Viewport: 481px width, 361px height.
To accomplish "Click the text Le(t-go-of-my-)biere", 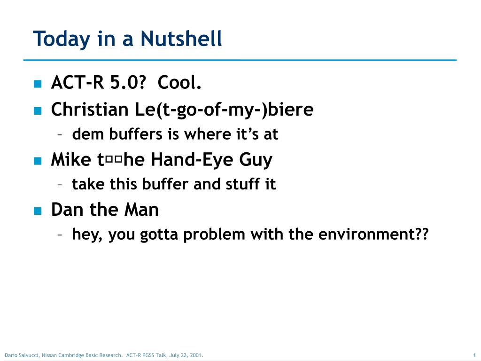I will pos(224,110).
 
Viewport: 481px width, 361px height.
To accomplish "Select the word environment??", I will pos(373,234).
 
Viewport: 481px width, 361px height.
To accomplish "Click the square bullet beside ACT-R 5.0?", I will pos(38,84).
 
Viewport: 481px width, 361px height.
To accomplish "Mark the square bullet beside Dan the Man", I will pos(38,211).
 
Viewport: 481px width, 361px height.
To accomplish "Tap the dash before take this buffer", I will pos(61,185).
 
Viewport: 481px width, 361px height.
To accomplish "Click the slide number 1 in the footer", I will pos(475,355).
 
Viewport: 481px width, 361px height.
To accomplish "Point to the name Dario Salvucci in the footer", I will pos(22,355).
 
